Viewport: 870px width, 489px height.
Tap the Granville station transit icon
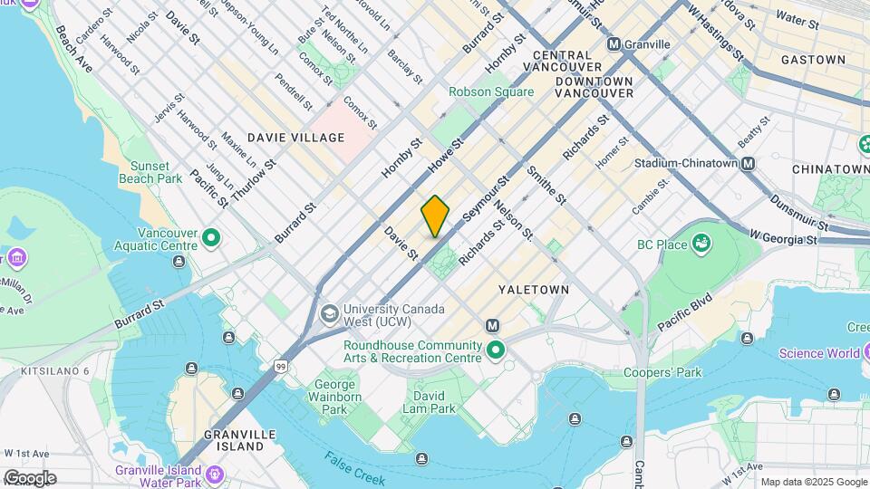pos(614,43)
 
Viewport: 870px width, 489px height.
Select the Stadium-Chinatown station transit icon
pos(748,164)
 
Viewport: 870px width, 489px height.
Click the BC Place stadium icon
pos(700,244)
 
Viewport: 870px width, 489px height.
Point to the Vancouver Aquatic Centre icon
pos(211,239)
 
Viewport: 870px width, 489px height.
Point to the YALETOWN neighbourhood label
pos(534,290)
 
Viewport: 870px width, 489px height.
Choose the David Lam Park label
pos(430,403)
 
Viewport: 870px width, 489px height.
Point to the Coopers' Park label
pos(663,372)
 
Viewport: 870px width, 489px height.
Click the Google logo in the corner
pos(30,478)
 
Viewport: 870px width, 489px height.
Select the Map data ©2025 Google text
pos(813,482)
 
